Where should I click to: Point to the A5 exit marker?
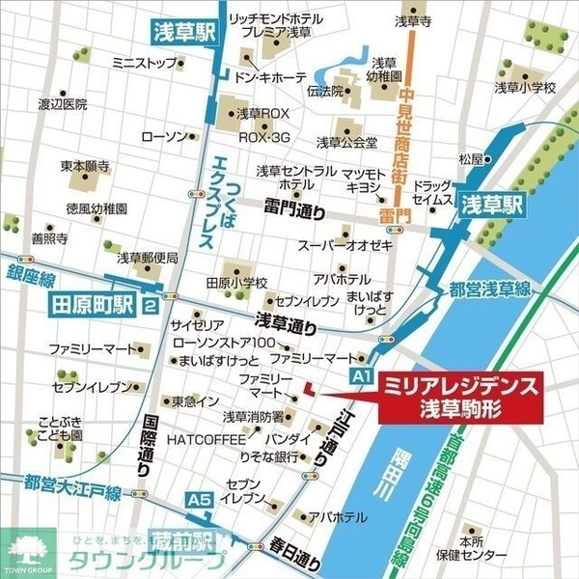pos(199,499)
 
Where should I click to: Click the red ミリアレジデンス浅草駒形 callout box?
pos(459,395)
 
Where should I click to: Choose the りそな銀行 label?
pos(269,455)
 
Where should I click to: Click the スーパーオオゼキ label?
pos(345,245)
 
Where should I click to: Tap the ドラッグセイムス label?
pos(432,191)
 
